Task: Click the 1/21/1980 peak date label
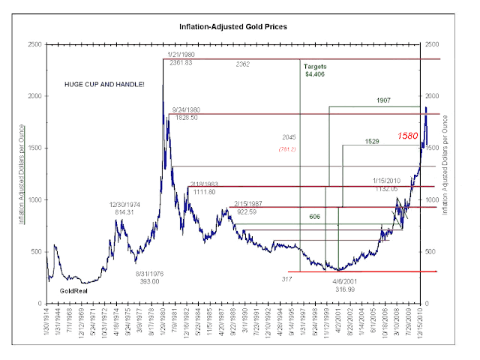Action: [181, 56]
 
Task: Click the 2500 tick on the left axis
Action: [34, 45]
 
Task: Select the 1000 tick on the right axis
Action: [434, 199]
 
